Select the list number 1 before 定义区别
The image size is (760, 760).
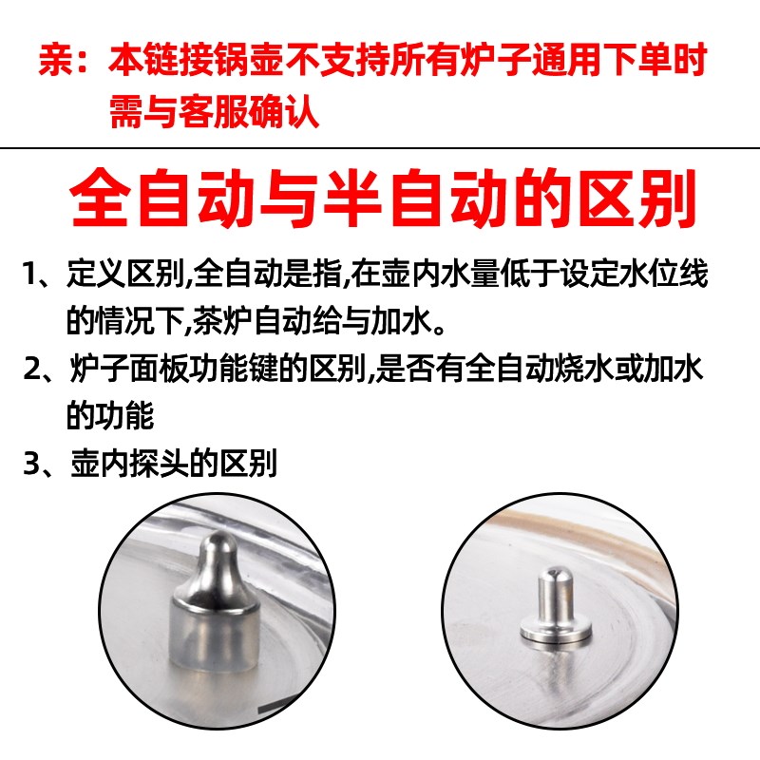pos(32,277)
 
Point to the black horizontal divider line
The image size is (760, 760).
pos(380,148)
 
